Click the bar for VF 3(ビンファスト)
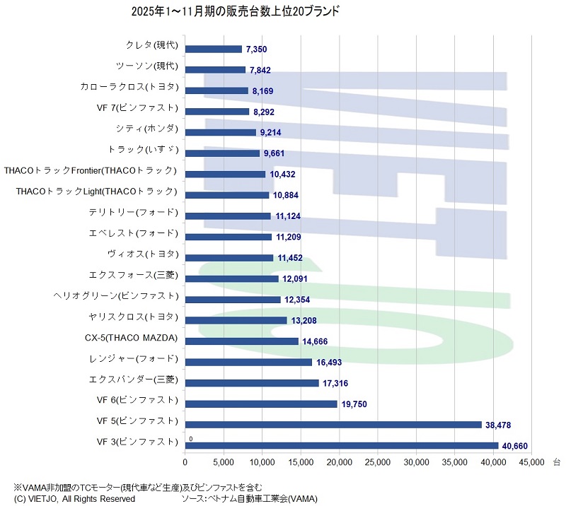(342, 445)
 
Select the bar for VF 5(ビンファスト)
(333, 425)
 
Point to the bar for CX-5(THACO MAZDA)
(242, 341)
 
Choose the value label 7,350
(256, 49)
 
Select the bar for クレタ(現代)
(214, 49)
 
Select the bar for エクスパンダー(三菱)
(252, 383)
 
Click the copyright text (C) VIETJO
(69, 498)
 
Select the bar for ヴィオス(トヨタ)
(229, 258)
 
